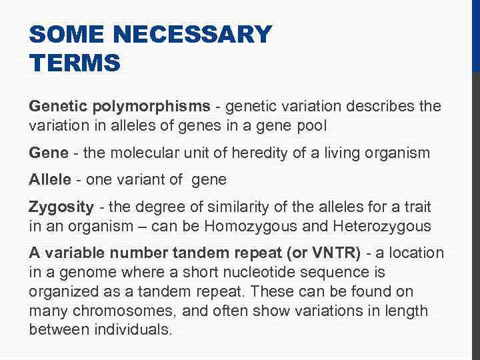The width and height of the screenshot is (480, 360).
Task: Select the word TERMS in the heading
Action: click(75, 63)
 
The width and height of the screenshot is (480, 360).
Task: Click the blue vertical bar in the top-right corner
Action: click(476, 33)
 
